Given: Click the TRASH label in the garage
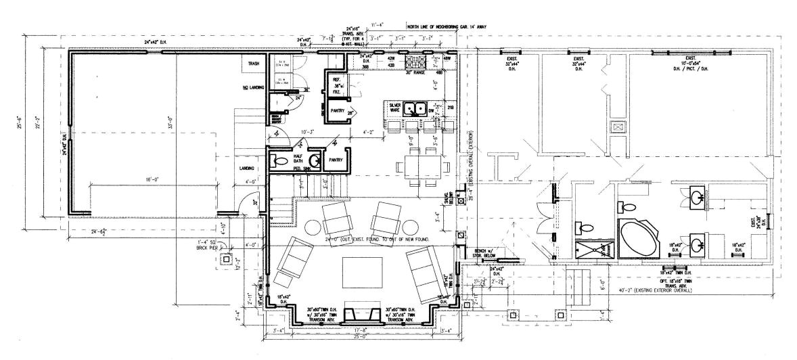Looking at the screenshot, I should (254, 64).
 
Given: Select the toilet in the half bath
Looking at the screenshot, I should (279, 161).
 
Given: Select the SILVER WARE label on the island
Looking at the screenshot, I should (396, 108).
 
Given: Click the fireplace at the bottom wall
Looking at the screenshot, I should (359, 315).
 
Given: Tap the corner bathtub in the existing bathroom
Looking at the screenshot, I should (637, 238).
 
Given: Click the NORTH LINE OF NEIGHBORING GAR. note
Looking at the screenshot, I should (447, 26).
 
